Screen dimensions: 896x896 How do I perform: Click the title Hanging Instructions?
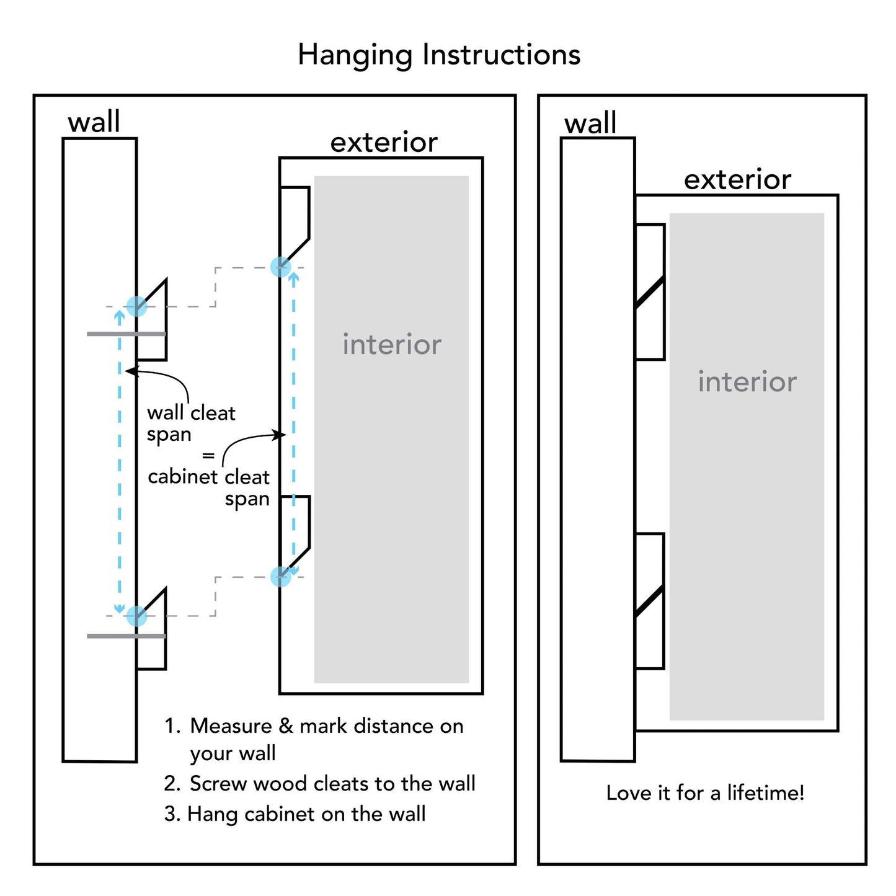tap(439, 55)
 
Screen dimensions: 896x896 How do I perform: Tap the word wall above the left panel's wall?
tap(94, 122)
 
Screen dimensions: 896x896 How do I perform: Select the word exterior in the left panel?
tap(384, 143)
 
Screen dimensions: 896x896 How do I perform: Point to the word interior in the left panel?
tap(392, 345)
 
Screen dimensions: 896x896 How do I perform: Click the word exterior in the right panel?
tap(737, 180)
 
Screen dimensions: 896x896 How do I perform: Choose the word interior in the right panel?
tap(747, 382)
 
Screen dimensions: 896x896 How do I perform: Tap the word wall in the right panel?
tap(590, 123)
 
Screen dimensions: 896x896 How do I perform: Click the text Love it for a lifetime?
tap(705, 792)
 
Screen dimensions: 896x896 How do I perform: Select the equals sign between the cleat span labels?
tap(208, 456)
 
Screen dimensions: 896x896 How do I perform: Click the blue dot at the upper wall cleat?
tap(136, 306)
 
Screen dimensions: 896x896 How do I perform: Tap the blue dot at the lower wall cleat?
tap(136, 616)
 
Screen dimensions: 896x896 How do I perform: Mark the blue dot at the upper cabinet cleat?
tap(281, 267)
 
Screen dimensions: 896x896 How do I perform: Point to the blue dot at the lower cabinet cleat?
tap(281, 577)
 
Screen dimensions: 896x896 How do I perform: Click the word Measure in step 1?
tap(231, 726)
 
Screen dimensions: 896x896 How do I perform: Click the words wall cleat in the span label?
tap(191, 413)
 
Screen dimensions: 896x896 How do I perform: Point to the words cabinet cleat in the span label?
tap(208, 477)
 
